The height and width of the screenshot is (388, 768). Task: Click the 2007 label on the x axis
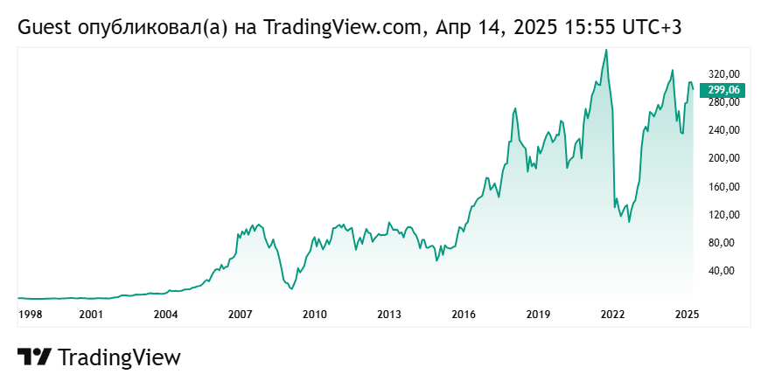coord(241,314)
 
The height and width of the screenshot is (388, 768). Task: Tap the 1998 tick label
coord(30,314)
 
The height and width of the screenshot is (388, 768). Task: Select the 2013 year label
coord(389,314)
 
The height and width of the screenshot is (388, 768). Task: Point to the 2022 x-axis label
coord(612,314)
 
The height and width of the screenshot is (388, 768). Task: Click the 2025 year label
coord(687,314)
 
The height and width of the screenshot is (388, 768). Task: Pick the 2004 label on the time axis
coord(166,314)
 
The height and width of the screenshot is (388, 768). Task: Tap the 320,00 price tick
coord(723,73)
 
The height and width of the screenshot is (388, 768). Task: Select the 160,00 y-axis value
coord(723,186)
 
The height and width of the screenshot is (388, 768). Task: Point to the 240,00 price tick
coord(723,130)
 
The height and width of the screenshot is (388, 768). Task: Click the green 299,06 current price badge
coord(723,89)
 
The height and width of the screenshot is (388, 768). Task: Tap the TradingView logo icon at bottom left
coord(34,357)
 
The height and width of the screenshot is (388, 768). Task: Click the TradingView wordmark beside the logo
coord(119,357)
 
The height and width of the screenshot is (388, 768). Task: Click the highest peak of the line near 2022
coord(606,50)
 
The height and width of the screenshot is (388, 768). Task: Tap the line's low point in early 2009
coord(292,289)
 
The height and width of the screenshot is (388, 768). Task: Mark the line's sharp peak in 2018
coord(515,107)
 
